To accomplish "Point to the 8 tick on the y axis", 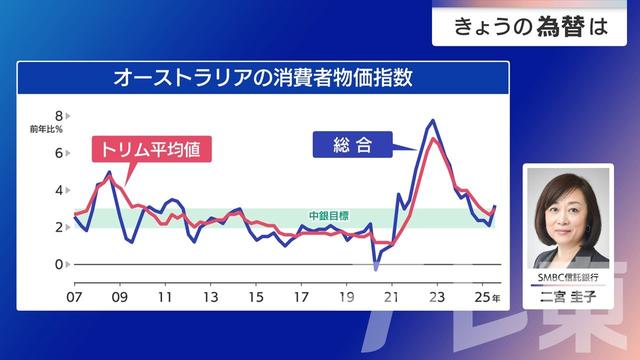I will [59, 116].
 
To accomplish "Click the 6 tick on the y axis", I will [59, 153].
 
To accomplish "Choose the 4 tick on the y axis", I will [59, 190].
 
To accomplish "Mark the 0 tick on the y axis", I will [59, 264].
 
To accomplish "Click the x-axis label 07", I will [74, 298].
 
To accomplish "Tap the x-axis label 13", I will [211, 298].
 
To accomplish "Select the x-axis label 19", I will [347, 298].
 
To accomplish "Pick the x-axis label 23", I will [437, 298].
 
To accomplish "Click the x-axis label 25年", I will [487, 298].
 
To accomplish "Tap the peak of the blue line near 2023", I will [432, 121].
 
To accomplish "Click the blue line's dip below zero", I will [376, 268].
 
